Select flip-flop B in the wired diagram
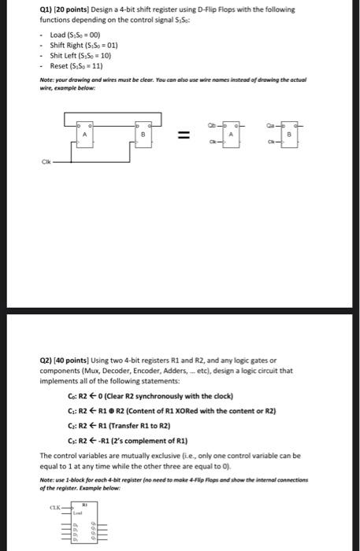143,135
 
